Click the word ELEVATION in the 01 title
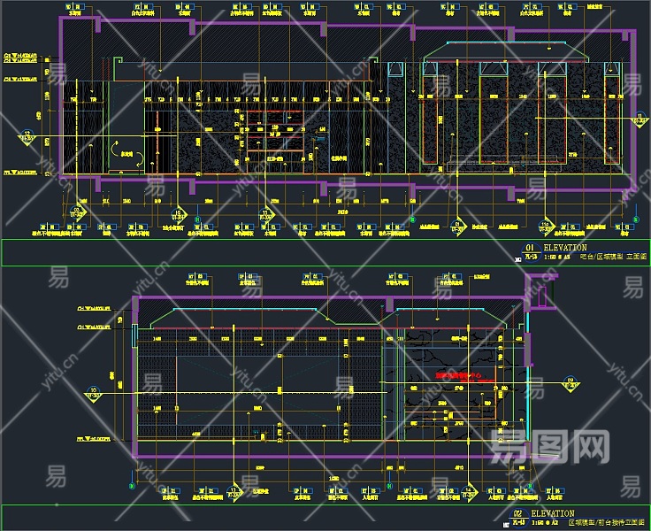tap(565, 248)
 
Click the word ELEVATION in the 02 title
tap(553, 513)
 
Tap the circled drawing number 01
tap(530, 248)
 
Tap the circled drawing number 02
tap(518, 513)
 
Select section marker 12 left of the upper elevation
tap(27, 136)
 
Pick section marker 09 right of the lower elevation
tap(571, 381)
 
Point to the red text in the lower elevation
tap(460, 376)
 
